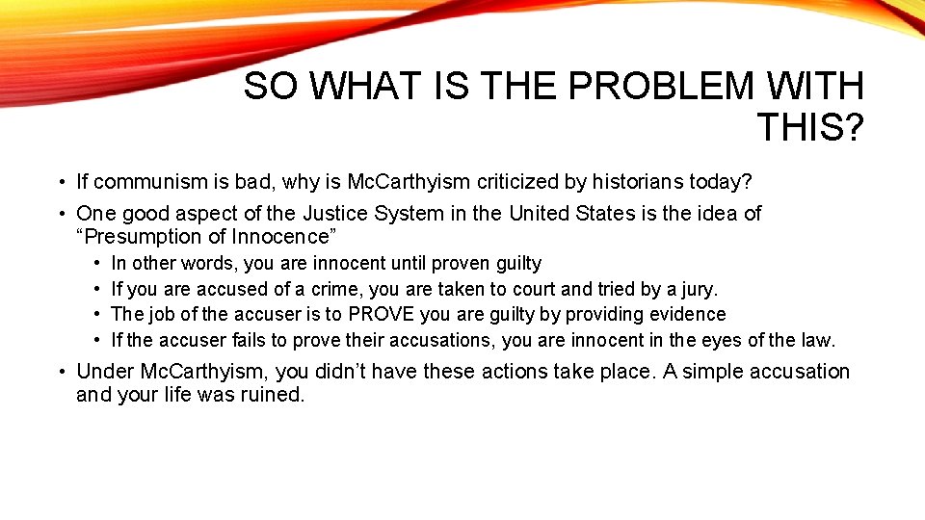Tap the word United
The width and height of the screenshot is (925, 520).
542,214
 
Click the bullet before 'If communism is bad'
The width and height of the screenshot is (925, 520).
60,182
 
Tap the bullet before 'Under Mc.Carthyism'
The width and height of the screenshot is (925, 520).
60,373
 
